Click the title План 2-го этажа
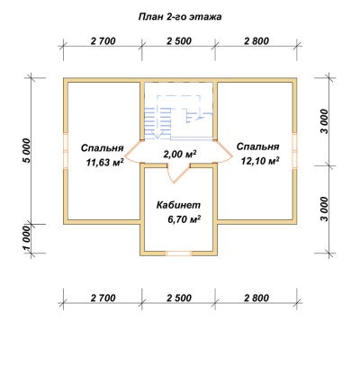pyautogui.click(x=180, y=17)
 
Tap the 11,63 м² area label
pyautogui.click(x=105, y=163)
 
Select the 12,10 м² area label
pyautogui.click(x=260, y=161)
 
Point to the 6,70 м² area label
pyautogui.click(x=184, y=219)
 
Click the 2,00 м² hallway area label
pyautogui.click(x=180, y=154)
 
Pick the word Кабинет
pyautogui.click(x=178, y=205)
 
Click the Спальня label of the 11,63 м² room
pyautogui.click(x=103, y=148)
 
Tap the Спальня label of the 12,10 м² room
pyautogui.click(x=258, y=147)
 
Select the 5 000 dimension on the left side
pyautogui.click(x=27, y=150)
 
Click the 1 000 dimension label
pyautogui.click(x=27, y=239)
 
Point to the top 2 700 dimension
pyautogui.click(x=103, y=41)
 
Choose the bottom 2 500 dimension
pyautogui.click(x=179, y=298)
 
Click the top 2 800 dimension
pyautogui.click(x=256, y=41)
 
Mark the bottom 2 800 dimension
pyautogui.click(x=256, y=298)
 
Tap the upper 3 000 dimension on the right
pyautogui.click(x=325, y=121)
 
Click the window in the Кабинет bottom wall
pyautogui.click(x=179, y=254)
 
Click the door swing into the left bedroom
pyautogui.click(x=132, y=152)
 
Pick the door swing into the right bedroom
pyautogui.click(x=224, y=152)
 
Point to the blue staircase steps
pyautogui.click(x=157, y=123)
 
